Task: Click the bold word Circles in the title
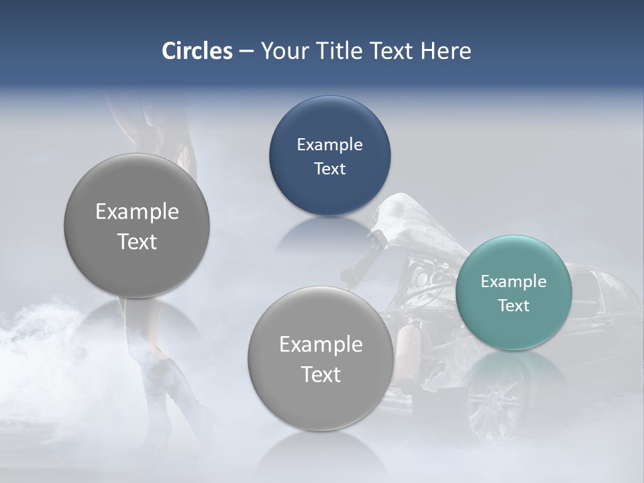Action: pyautogui.click(x=197, y=51)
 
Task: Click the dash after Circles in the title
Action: pyautogui.click(x=246, y=52)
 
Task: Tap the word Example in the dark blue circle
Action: pyautogui.click(x=329, y=145)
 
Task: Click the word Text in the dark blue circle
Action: pyautogui.click(x=329, y=169)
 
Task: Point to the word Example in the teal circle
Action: pyautogui.click(x=513, y=282)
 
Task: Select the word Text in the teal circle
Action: pyautogui.click(x=513, y=306)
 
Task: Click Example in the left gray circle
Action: pyautogui.click(x=137, y=212)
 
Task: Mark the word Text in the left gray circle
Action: pyautogui.click(x=137, y=242)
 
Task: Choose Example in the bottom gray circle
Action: pyautogui.click(x=321, y=345)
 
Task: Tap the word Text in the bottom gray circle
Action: pyautogui.click(x=321, y=375)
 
